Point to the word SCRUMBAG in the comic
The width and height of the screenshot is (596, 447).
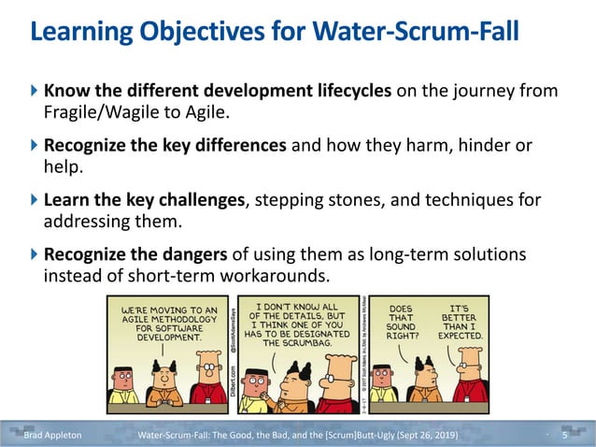308,343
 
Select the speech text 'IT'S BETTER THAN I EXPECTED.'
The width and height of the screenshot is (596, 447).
466,320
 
